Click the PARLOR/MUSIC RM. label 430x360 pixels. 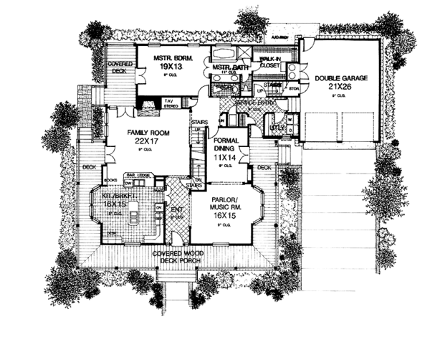pos(229,202)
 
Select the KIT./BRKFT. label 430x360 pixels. pos(113,194)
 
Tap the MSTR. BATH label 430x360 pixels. pos(226,67)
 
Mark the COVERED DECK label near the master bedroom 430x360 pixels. pos(118,68)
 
